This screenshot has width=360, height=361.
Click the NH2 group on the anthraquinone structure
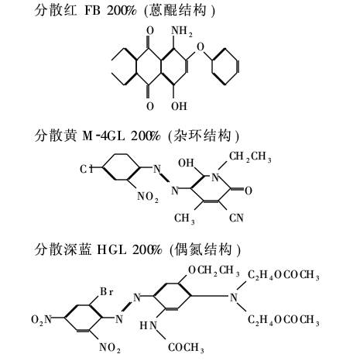coord(182,32)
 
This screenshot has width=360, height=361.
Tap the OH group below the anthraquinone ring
coord(179,106)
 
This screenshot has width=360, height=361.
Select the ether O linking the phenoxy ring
coord(200,47)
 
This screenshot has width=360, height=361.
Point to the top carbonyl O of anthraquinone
coord(150,31)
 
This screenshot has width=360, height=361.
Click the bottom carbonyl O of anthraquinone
coord(150,106)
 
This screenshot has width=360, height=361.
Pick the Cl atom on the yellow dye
coord(86,169)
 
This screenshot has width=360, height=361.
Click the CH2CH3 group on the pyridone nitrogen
coord(250,156)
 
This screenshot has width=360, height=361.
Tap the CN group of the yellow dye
coord(236,218)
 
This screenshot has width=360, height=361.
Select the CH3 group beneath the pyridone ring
coord(184,218)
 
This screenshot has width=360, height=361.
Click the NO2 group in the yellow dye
coord(148,197)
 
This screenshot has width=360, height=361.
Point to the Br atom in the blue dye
coord(107,292)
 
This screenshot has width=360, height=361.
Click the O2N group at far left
coord(42,320)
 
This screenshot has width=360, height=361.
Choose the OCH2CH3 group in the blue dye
coord(214,270)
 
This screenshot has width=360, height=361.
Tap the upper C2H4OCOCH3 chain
coord(283,275)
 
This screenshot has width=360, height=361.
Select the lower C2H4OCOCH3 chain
coord(283,320)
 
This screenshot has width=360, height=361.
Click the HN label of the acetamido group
coord(149,325)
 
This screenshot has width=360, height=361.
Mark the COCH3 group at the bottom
coord(186,348)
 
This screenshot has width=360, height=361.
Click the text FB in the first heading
coord(92,11)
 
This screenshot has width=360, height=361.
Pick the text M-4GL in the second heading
coord(104,136)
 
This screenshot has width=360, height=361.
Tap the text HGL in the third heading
coord(111,249)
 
